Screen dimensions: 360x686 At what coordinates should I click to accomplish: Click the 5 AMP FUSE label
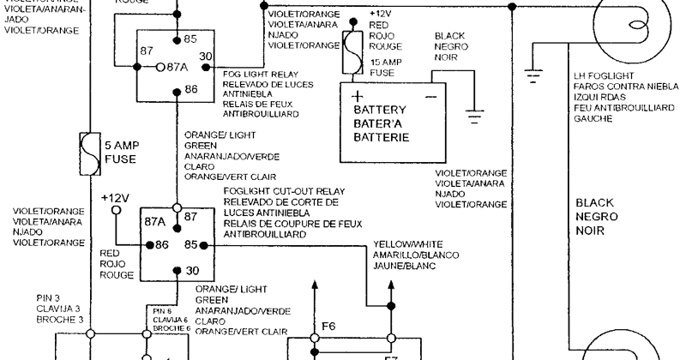click(121, 153)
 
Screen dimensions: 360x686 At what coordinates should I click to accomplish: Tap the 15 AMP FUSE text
click(385, 68)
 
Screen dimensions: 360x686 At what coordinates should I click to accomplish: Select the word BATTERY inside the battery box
click(381, 110)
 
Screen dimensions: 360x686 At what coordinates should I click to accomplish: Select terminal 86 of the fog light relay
click(190, 89)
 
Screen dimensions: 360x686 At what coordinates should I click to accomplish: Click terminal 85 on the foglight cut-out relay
click(190, 245)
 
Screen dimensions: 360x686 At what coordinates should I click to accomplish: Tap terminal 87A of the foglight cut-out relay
click(154, 221)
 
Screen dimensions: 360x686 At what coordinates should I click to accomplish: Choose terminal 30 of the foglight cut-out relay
click(190, 272)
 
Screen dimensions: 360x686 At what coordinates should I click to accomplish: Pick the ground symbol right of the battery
click(472, 112)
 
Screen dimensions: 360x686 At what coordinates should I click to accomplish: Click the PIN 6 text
click(163, 310)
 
